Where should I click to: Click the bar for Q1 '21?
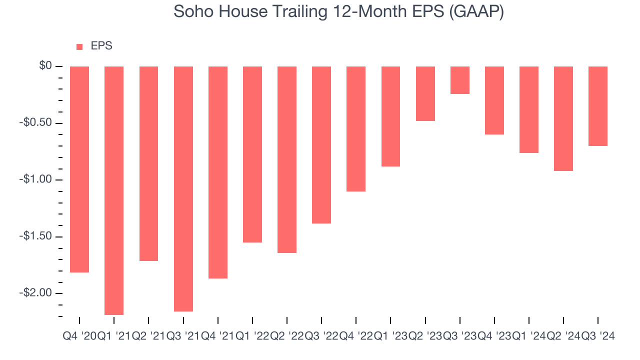[x=114, y=190]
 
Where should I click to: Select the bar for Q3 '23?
[x=460, y=80]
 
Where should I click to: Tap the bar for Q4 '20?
[x=79, y=169]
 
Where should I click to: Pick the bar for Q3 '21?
[x=183, y=189]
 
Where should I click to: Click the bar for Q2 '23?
[x=425, y=93]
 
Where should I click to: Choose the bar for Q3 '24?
[x=598, y=106]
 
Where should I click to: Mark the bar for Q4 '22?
[x=356, y=129]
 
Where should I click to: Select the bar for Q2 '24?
[x=563, y=118]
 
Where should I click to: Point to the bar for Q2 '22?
[x=287, y=159]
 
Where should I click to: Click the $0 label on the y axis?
[x=46, y=66]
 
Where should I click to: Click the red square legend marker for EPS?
[x=79, y=46]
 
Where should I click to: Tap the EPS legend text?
[x=101, y=46]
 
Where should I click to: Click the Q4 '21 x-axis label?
[x=217, y=336]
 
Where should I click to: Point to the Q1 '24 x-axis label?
[x=529, y=336]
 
